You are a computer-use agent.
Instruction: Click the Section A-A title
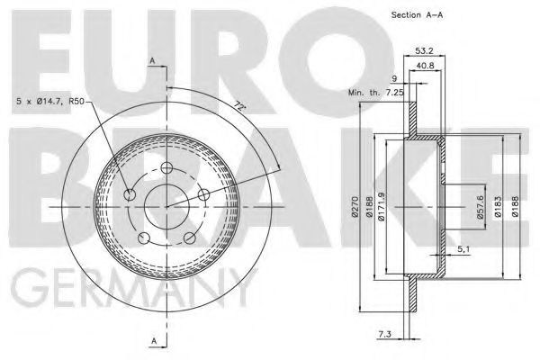tap(417, 14)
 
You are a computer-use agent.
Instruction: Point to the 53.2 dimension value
tap(424, 50)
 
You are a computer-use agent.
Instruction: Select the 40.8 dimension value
tap(426, 66)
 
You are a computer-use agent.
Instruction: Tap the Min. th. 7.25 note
tap(375, 93)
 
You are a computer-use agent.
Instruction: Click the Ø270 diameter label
tap(355, 207)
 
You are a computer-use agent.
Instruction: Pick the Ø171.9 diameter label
tap(381, 206)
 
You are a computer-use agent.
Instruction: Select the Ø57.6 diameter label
tap(481, 207)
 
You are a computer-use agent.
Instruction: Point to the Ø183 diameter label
tap(499, 207)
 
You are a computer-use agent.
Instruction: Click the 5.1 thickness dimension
tap(463, 249)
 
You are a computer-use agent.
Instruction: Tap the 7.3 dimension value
tap(384, 334)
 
